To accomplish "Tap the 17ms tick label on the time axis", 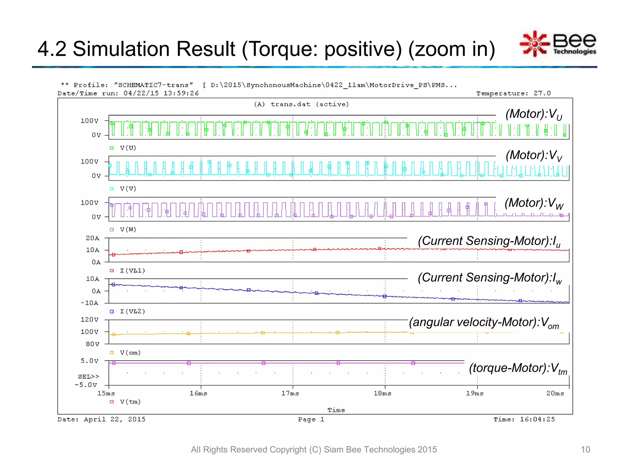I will coord(290,393).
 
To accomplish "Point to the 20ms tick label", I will coord(555,393).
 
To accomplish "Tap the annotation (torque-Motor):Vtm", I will coord(518,368).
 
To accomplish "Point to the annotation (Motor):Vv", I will coord(534,155).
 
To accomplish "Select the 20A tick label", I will coord(93,238).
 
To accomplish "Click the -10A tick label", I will coord(90,303).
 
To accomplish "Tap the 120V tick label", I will coord(90,320).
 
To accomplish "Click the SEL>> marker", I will coord(89,377).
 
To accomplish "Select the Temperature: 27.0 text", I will coord(513,94).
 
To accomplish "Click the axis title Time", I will coord(336,410).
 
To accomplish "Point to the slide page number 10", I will coord(585,450).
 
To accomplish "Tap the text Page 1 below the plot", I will coord(311,419).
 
